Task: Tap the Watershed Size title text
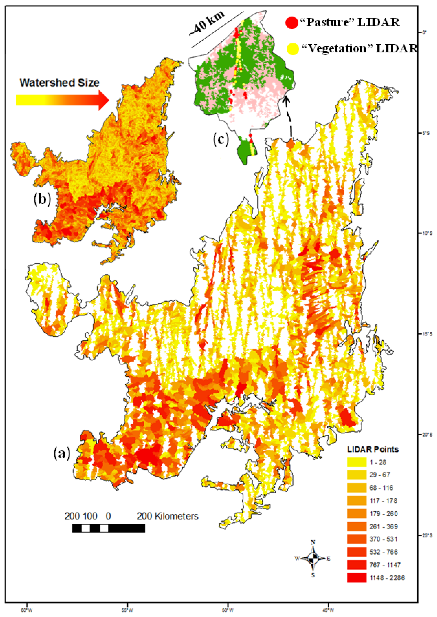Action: point(59,83)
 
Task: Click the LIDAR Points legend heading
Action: point(373,449)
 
